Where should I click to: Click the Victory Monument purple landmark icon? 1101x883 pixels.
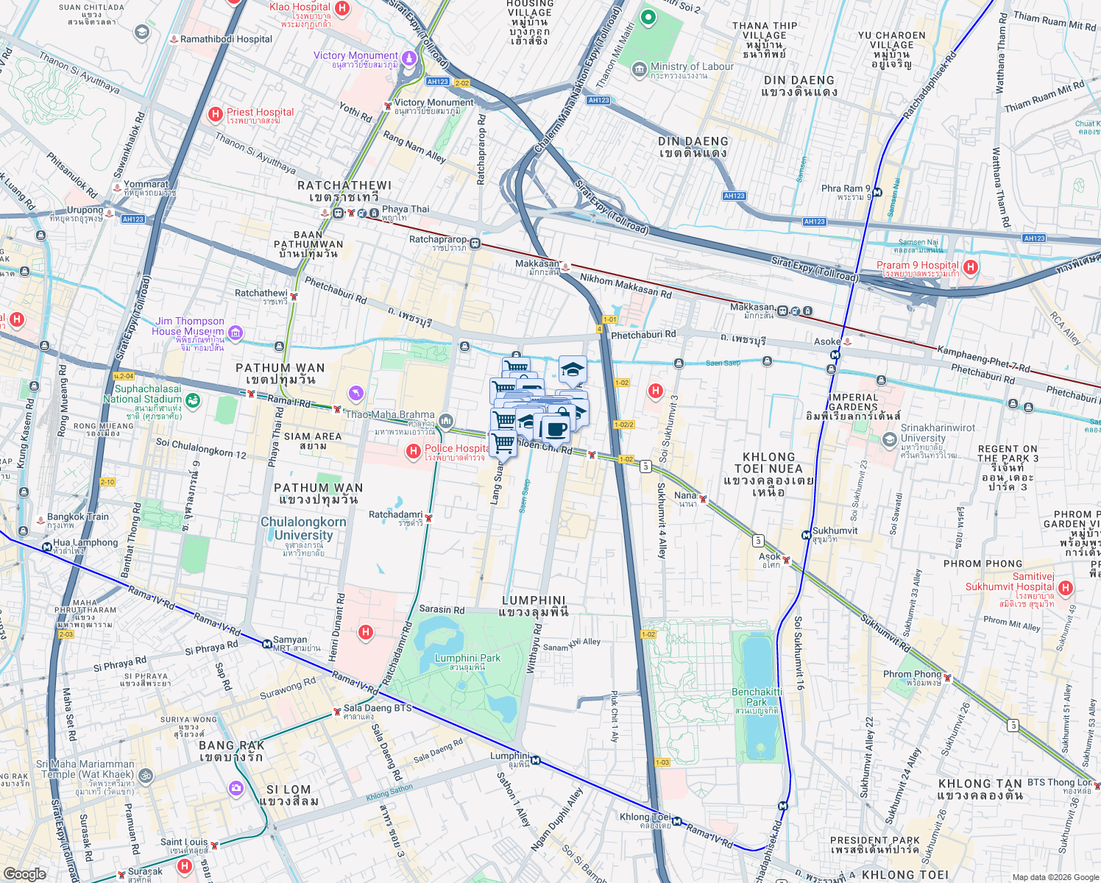(408, 58)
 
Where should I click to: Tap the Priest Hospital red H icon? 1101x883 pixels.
(216, 114)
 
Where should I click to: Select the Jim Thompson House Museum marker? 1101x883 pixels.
(236, 334)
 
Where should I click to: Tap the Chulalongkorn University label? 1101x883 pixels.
(303, 528)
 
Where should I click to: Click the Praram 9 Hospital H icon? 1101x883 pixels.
(971, 268)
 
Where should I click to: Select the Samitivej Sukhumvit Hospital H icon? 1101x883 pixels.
(1066, 589)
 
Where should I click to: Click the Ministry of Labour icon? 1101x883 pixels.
(640, 68)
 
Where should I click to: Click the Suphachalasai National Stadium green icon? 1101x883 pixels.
(192, 400)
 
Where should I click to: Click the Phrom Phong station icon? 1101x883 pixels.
(948, 677)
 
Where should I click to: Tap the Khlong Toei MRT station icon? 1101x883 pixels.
(676, 822)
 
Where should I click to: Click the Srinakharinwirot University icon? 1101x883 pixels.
(889, 439)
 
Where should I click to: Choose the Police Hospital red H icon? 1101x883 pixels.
(414, 450)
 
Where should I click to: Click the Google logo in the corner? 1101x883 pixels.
(24, 873)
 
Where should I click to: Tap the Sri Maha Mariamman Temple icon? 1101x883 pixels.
(146, 776)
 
